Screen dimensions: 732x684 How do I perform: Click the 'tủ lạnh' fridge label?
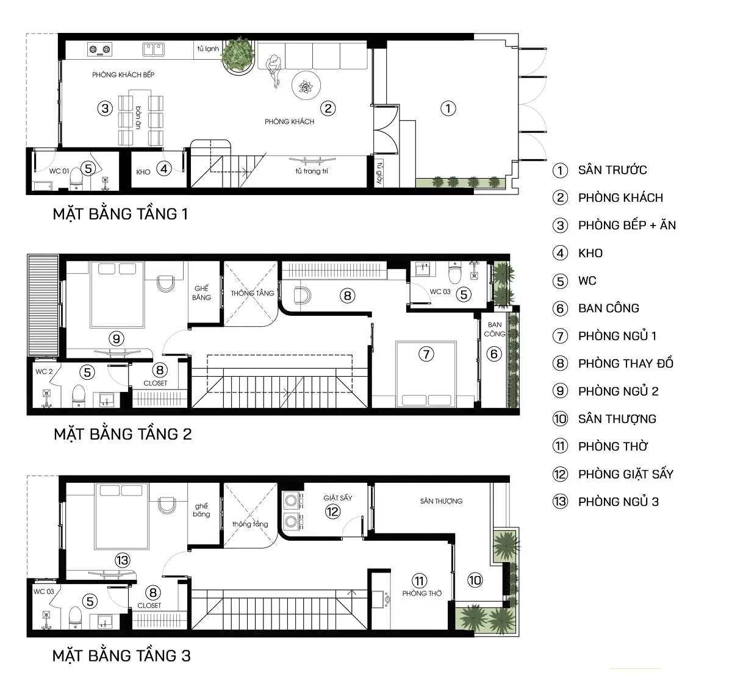(208, 49)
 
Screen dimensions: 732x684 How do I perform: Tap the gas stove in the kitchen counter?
(99, 49)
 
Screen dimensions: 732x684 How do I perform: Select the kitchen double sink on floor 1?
(153, 49)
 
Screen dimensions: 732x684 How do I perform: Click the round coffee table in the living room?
(306, 85)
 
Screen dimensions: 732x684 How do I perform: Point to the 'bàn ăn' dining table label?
(138, 118)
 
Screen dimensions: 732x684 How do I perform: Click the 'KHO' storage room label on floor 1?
(143, 172)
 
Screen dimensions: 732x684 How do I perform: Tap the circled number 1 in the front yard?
(448, 109)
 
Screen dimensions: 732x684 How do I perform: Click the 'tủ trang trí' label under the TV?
(312, 171)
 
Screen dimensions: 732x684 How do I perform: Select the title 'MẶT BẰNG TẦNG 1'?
(120, 214)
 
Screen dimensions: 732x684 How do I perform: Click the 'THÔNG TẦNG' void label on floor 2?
(253, 293)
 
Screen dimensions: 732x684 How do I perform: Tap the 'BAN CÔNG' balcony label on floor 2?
(494, 329)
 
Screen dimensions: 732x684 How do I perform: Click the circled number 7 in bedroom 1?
(426, 354)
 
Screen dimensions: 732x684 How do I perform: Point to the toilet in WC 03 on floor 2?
(455, 273)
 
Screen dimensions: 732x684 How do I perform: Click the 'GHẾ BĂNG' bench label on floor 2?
(201, 293)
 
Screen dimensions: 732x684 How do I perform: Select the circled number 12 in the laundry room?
(332, 511)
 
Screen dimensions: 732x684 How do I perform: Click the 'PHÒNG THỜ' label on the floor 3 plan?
(422, 593)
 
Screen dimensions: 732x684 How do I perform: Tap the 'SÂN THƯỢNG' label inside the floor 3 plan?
(441, 501)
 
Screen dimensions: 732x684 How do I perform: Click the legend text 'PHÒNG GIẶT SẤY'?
(625, 474)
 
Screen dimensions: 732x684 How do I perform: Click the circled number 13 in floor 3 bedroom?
(123, 560)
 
